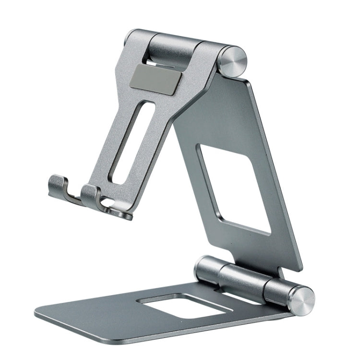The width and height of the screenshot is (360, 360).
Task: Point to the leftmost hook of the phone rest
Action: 58,185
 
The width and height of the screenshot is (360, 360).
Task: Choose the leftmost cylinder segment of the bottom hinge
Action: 207,269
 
